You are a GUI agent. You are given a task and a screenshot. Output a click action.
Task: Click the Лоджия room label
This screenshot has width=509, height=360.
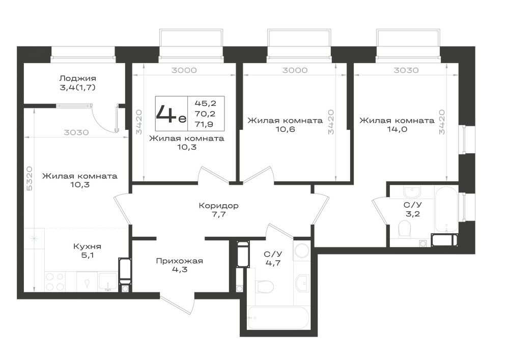pos(77,78)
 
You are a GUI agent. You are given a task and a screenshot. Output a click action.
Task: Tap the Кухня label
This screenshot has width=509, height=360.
pos(88,246)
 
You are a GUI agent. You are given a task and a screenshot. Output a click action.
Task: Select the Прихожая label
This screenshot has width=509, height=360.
pos(179,261)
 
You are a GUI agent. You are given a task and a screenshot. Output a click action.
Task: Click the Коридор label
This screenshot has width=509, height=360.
pos(218,206)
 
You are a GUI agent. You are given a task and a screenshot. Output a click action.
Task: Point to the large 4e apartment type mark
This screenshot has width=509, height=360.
pos(171,114)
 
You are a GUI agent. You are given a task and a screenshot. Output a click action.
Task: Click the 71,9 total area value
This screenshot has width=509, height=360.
pos(205,124)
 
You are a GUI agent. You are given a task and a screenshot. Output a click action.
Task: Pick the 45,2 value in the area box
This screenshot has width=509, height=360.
pos(205,103)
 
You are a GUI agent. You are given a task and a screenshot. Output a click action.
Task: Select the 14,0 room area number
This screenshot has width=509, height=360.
pos(397,129)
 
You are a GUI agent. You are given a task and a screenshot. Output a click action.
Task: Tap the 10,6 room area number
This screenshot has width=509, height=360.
pos(285,129)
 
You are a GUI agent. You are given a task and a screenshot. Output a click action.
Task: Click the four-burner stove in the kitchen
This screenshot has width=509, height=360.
pos(54,282)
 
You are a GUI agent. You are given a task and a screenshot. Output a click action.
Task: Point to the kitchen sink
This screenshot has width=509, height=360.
pos(108,282)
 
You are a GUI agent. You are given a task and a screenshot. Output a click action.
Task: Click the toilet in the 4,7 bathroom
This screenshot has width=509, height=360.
pos(264,286)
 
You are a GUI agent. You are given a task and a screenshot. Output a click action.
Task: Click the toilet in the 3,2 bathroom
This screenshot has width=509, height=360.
pos(405,229)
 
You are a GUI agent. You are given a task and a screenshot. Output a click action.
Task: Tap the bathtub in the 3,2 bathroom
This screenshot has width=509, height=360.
pos(446,209)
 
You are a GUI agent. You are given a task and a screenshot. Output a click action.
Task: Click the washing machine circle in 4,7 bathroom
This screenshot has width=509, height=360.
pos(302,251)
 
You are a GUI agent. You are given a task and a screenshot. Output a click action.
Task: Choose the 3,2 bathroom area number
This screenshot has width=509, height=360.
pos(412,213)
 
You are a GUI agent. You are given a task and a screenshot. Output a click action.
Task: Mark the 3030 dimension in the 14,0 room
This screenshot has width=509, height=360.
pos(406,70)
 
